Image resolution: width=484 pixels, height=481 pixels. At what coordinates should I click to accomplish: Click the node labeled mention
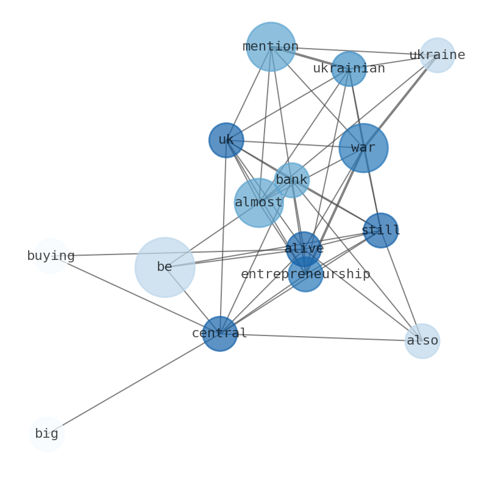pos(271,47)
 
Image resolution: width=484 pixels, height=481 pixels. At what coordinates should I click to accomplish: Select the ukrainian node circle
pos(349,69)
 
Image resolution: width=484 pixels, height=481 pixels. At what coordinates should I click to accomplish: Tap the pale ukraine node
pos(437,55)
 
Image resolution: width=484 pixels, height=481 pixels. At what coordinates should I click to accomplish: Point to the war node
pos(363,148)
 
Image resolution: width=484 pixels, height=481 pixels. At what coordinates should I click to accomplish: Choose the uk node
pos(226,140)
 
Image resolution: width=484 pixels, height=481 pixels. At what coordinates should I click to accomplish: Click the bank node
pos(291,180)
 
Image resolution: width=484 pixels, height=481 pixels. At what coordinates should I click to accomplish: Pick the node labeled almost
pos(258,203)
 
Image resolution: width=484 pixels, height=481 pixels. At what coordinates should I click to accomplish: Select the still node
pos(380,231)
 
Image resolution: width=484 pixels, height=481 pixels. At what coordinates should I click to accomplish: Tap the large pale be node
pos(165,267)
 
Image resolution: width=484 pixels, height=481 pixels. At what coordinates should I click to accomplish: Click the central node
pos(219,334)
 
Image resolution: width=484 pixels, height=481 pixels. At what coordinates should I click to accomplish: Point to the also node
pos(422,341)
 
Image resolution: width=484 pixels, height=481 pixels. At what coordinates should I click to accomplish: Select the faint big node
pos(47,434)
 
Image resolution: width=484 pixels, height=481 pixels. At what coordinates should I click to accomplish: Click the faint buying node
pos(51,256)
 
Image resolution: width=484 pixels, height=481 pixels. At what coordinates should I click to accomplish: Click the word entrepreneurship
pos(305,275)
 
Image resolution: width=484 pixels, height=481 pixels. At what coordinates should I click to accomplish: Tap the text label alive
pos(304,249)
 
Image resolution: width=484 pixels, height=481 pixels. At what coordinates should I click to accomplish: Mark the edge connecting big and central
pos(133,384)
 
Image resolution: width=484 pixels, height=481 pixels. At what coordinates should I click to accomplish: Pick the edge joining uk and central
pos(223,237)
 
